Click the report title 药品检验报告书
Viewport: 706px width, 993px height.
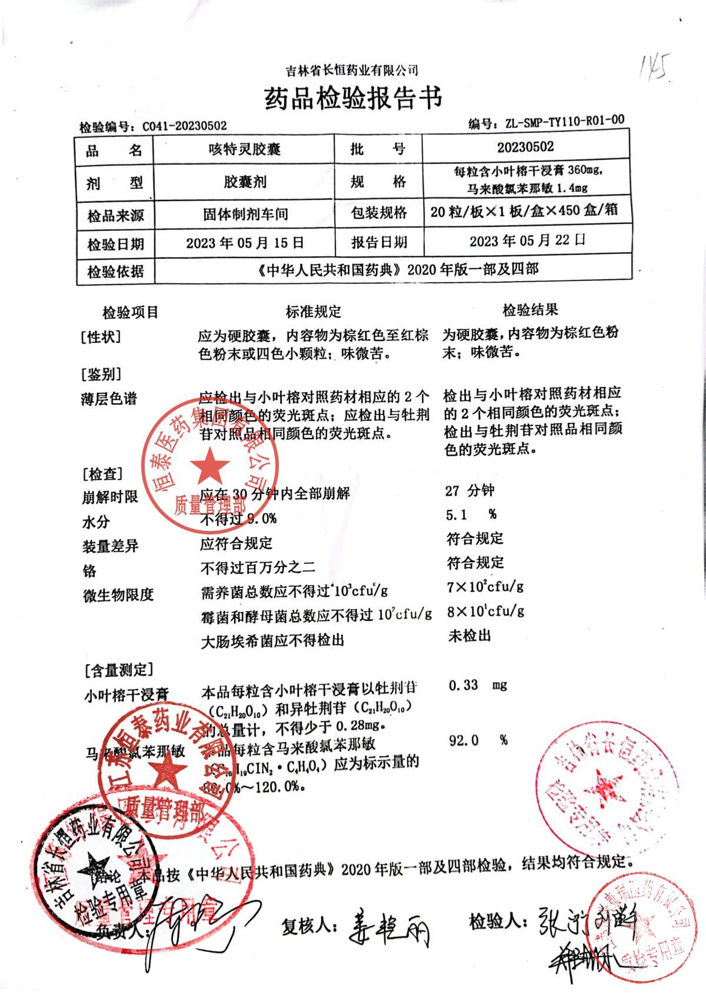[x=352, y=98]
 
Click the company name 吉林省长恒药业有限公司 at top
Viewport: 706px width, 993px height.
[x=352, y=71]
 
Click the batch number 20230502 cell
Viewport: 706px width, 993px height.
[x=525, y=146]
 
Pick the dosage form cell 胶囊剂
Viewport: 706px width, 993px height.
[x=244, y=182]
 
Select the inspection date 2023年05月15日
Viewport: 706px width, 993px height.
[x=245, y=243]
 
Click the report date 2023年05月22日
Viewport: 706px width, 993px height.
[x=527, y=240]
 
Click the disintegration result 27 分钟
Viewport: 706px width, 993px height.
[x=469, y=490]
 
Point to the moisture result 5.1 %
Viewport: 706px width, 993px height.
[x=471, y=515]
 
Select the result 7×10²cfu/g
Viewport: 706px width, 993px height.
[x=485, y=586]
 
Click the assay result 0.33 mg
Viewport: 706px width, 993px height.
[x=477, y=685]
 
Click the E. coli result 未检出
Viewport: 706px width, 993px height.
[x=469, y=636]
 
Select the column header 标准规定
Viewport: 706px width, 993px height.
[x=313, y=312]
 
